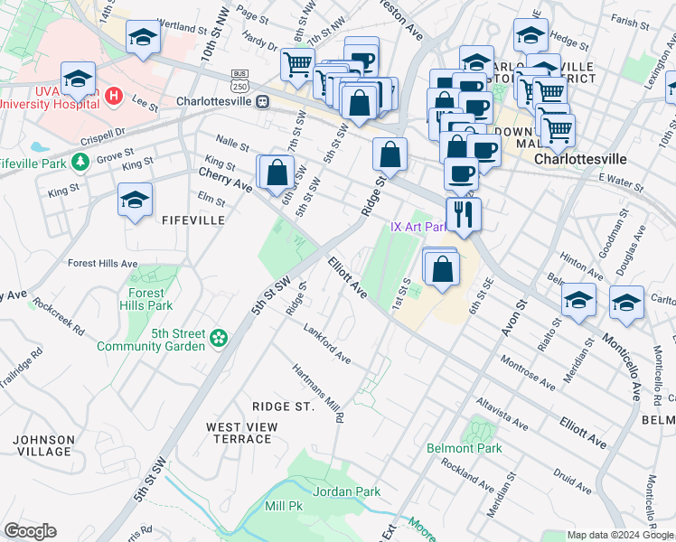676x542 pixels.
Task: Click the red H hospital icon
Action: click(114, 95)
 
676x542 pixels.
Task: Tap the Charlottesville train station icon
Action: click(262, 101)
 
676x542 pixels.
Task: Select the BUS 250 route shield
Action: click(239, 80)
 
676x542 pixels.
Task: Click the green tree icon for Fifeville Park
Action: click(81, 162)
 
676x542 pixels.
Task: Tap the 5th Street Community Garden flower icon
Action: click(218, 339)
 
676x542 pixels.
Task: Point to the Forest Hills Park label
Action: click(146, 299)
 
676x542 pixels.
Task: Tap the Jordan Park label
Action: click(346, 491)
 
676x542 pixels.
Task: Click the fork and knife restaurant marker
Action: click(464, 215)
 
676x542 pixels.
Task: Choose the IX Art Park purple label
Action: click(418, 228)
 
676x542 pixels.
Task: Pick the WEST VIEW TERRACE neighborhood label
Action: click(239, 433)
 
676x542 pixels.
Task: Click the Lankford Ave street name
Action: click(327, 343)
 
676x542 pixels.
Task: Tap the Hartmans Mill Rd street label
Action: click(318, 394)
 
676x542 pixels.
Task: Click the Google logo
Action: click(30, 531)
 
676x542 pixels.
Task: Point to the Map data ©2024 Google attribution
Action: click(619, 535)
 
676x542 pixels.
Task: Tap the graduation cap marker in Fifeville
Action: click(135, 201)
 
